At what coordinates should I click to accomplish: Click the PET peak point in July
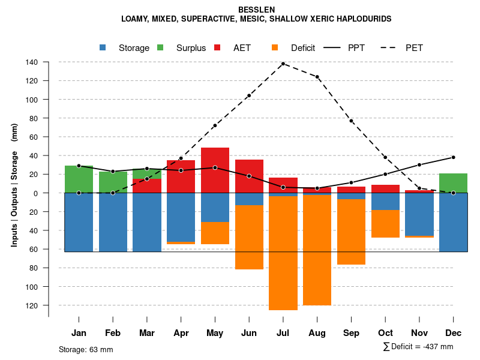click(283, 64)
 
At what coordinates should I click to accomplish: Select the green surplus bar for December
click(453, 183)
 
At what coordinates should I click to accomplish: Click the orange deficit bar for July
click(283, 252)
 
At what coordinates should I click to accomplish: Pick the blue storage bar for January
click(79, 222)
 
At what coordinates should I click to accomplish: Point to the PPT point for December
click(453, 157)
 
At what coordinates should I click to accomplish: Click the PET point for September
click(351, 121)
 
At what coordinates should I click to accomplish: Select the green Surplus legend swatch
click(160, 47)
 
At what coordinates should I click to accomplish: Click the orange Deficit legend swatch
click(275, 47)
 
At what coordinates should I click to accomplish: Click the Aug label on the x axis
click(317, 333)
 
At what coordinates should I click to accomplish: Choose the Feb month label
click(113, 333)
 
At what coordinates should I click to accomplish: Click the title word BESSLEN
click(256, 10)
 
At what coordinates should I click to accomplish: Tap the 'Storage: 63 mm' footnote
click(86, 349)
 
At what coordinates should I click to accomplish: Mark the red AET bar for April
click(181, 176)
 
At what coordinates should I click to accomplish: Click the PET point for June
click(249, 95)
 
